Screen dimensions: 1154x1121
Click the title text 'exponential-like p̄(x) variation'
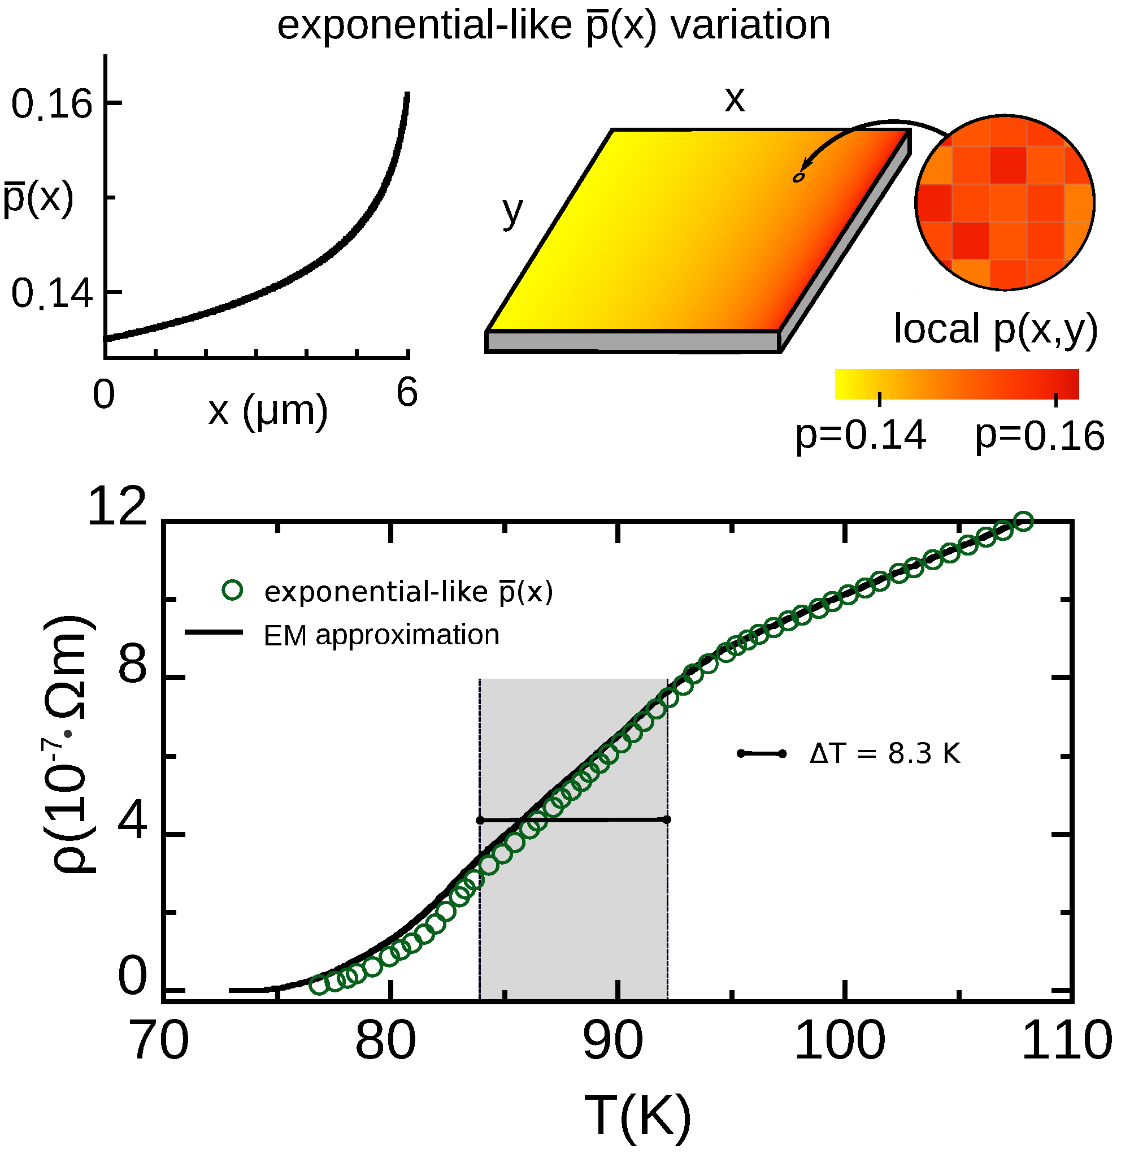tap(553, 26)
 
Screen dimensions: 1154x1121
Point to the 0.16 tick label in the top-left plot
tap(52, 104)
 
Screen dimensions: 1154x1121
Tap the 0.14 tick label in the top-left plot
tap(52, 293)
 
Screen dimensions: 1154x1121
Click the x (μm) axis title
tap(268, 410)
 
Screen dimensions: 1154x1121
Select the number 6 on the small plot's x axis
tap(407, 393)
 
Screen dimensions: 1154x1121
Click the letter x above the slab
tap(734, 99)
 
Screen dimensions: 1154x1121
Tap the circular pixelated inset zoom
tap(1005, 202)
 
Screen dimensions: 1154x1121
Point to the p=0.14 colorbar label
tap(861, 436)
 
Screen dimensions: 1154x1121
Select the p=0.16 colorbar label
tap(1040, 436)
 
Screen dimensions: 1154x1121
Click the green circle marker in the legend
tap(233, 590)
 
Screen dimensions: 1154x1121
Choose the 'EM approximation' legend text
tap(381, 635)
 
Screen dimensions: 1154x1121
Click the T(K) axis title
tap(637, 1116)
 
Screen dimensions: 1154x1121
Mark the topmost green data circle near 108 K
tap(1024, 521)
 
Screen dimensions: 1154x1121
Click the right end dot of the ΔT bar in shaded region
tap(667, 819)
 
